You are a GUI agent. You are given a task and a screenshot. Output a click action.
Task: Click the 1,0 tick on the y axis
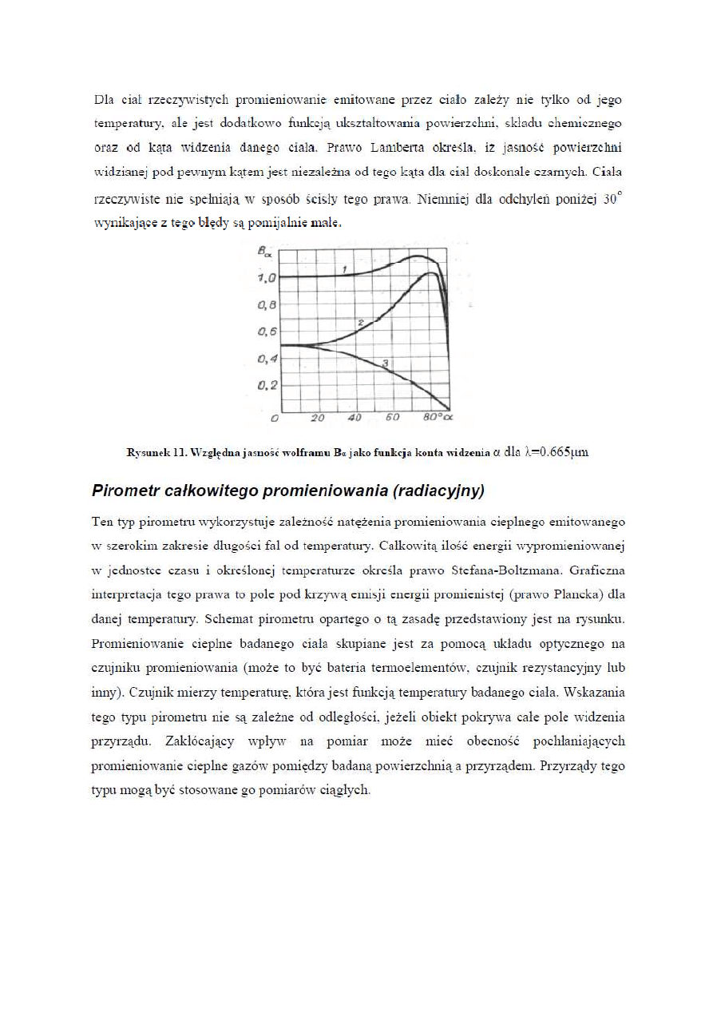coord(266,278)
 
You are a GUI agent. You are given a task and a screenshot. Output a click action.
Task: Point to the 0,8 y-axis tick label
coord(266,305)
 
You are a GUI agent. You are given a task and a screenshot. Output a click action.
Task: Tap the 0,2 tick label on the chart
coord(266,386)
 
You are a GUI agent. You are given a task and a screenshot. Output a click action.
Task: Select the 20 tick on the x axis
coord(317,418)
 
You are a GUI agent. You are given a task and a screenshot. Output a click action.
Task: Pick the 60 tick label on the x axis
coord(393,418)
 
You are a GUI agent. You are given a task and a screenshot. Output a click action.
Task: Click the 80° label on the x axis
coord(433,418)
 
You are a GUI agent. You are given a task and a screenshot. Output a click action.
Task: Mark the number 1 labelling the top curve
coord(344,270)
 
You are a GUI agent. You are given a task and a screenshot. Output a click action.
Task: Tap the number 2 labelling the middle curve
coord(361,322)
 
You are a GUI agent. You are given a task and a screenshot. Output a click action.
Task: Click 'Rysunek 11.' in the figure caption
coord(156,453)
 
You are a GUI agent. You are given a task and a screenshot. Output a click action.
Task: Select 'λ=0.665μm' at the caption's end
coord(557,452)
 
